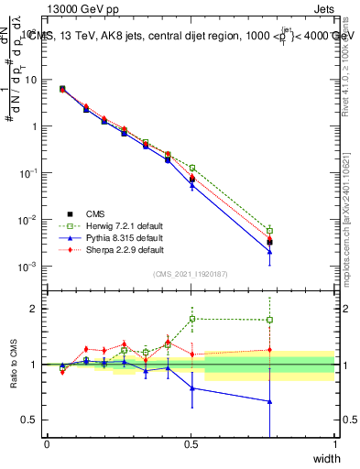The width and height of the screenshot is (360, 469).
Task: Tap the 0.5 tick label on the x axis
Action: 191,444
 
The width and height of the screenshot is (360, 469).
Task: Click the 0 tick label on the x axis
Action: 47,444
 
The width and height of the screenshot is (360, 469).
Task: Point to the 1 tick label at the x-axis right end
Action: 334,444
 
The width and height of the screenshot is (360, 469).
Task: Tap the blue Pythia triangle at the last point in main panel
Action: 270,252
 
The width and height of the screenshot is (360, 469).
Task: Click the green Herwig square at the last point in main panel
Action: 270,231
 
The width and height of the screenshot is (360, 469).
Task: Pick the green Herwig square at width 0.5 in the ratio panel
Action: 192,319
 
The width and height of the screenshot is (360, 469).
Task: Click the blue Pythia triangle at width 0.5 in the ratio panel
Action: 192,388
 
